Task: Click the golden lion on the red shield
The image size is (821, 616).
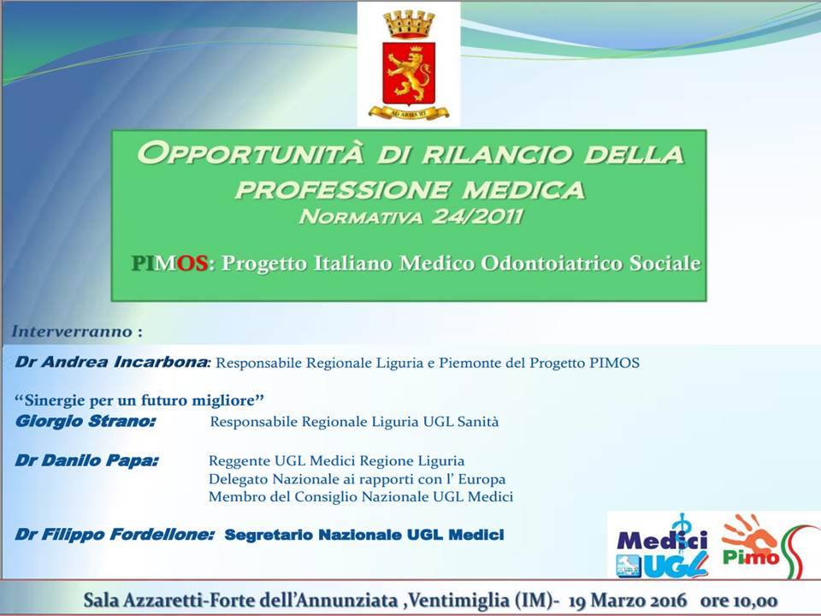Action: click(410, 74)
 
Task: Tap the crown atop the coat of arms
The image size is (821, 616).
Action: click(409, 24)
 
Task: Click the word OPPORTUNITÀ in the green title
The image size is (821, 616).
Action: click(250, 153)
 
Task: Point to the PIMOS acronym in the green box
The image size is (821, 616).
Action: click(169, 263)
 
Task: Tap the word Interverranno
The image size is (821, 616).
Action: click(72, 332)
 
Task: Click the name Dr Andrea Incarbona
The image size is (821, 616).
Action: click(111, 362)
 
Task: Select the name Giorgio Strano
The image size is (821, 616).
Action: click(85, 421)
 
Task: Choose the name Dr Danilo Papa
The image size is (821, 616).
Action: click(86, 460)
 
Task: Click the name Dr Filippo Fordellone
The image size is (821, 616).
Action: click(114, 535)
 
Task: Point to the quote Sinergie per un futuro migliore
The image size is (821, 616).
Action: click(139, 400)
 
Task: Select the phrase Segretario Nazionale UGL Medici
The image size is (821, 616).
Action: click(364, 535)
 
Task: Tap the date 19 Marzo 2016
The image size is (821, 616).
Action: click(627, 601)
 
